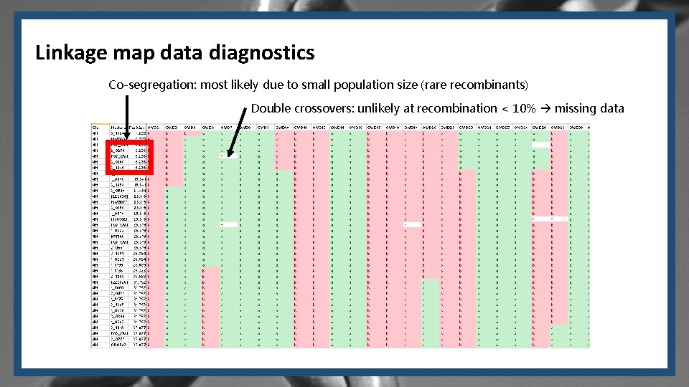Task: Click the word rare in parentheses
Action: (439, 85)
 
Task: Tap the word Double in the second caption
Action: (271, 109)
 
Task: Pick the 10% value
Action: (522, 109)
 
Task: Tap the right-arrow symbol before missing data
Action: (545, 109)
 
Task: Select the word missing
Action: (576, 109)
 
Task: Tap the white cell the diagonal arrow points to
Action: (229, 155)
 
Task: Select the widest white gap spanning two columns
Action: (550, 219)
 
